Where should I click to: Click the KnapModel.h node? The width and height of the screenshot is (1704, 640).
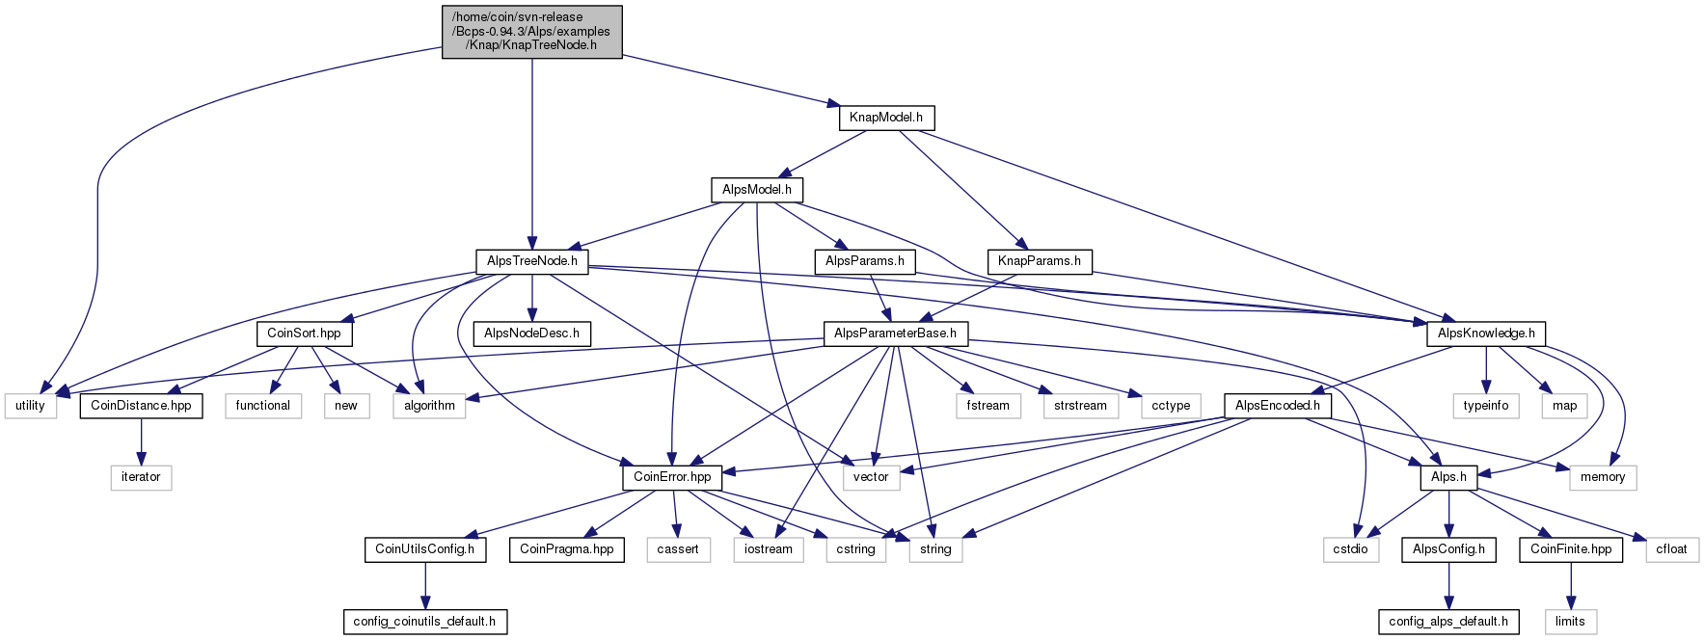[885, 118]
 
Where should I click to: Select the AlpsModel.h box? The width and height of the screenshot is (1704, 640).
[757, 190]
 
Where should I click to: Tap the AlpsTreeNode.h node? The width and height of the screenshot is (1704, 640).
[532, 261]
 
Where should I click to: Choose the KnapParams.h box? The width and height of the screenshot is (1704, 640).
[1040, 261]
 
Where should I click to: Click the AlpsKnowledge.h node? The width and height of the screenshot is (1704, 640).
[1486, 333]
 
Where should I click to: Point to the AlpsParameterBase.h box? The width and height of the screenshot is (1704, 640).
[895, 333]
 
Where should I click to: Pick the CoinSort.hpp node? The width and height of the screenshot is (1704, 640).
[304, 333]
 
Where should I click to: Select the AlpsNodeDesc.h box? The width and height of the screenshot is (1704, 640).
[531, 333]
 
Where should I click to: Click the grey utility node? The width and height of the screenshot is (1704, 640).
[30, 406]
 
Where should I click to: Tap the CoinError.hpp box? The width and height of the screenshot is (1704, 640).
[672, 477]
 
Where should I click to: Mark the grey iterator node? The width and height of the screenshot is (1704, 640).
[141, 477]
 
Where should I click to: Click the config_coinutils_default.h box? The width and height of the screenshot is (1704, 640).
[424, 622]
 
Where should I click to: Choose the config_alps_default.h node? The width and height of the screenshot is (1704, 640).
[1448, 622]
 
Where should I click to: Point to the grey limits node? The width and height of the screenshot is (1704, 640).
[1570, 622]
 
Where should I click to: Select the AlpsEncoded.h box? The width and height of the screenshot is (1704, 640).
[1278, 406]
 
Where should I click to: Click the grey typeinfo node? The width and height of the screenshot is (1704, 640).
[1485, 406]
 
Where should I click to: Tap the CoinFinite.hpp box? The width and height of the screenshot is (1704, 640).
[1571, 549]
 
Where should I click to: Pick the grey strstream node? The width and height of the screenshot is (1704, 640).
[1080, 406]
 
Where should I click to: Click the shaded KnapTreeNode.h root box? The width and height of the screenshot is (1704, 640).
[531, 32]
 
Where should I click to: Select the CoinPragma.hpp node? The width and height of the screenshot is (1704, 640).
[567, 549]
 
